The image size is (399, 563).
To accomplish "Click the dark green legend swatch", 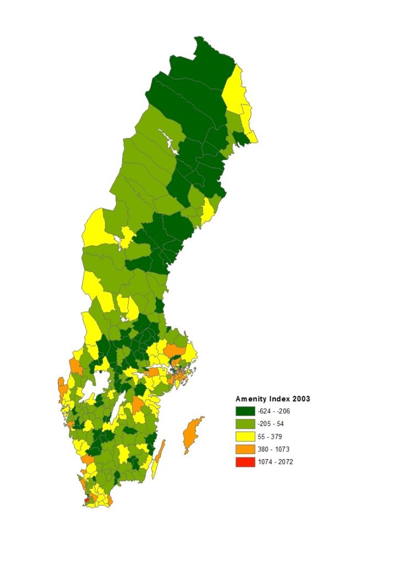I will coord(245,411).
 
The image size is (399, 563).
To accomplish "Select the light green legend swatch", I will coord(245,424).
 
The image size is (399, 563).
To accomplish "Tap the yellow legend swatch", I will coord(245,437).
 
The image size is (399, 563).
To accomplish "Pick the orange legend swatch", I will coord(245,449).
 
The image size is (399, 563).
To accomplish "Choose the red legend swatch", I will coord(245,462).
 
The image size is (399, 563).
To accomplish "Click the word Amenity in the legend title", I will coord(250,399).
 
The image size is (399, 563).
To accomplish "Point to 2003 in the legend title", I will coord(301,399).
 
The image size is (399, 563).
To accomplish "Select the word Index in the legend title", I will coord(279,399).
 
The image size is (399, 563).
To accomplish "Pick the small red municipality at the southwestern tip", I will coord(88,499).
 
